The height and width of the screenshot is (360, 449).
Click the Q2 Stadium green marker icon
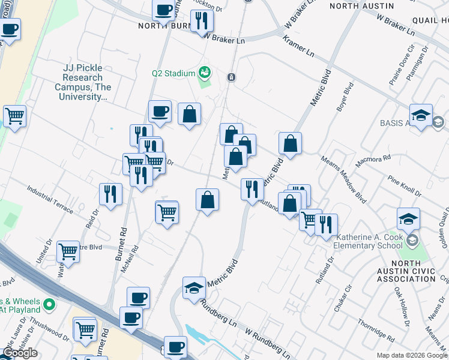pyautogui.click(x=205, y=73)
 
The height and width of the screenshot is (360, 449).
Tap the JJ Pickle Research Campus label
pyautogui.click(x=83, y=82)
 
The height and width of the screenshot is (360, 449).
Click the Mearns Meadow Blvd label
pyautogui.click(x=343, y=179)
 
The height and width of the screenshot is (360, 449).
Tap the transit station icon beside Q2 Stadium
pyautogui.click(x=231, y=77)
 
